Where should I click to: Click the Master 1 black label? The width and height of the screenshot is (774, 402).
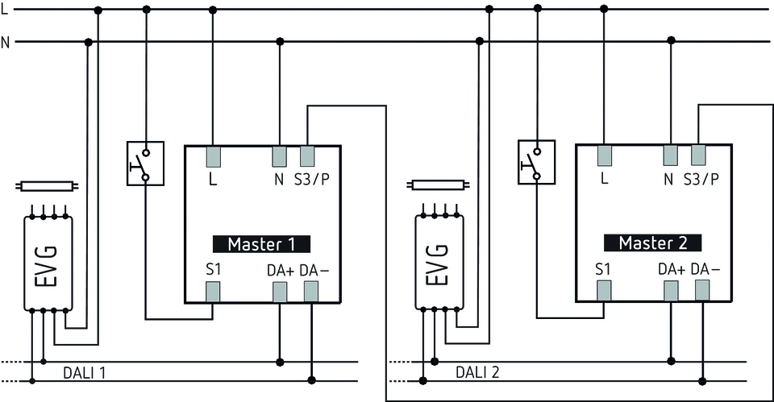pos(261,244)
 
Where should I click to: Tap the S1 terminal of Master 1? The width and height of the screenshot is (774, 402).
pos(213,292)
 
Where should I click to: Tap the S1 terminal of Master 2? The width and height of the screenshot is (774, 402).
pos(604,291)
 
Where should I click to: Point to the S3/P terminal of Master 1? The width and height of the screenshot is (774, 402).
pos(307,155)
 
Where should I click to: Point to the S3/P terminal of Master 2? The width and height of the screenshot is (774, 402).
pos(698,155)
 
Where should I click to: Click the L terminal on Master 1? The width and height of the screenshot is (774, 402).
pos(213,155)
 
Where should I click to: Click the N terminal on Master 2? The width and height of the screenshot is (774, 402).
pos(670,155)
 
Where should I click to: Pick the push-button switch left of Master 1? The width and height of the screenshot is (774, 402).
pos(145,164)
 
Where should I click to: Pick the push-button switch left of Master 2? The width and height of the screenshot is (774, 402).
pos(536,162)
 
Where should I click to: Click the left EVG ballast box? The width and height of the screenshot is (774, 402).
pos(47,263)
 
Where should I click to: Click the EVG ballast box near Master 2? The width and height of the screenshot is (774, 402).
pos(438,263)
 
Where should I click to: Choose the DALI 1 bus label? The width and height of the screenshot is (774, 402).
pos(85,373)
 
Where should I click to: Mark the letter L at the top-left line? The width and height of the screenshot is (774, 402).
pos(6,8)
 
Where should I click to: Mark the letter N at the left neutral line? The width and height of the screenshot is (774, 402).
pos(6,42)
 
